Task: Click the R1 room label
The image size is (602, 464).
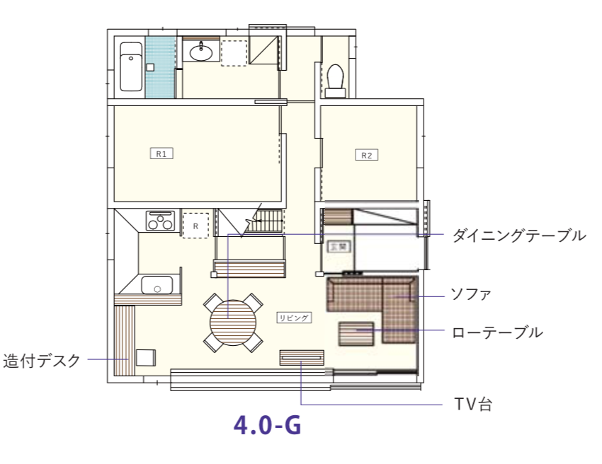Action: click(161, 153)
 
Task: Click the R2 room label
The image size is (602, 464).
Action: click(365, 155)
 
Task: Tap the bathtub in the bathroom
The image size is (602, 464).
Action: click(130, 66)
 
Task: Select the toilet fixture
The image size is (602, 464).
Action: click(335, 79)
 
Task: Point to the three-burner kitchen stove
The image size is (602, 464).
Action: click(160, 221)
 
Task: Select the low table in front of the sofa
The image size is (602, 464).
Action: click(356, 333)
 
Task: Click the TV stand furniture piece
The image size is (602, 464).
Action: click(302, 358)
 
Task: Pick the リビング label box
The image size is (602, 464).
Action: click(294, 318)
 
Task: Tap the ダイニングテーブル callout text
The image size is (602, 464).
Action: click(518, 235)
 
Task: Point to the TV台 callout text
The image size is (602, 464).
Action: click(472, 405)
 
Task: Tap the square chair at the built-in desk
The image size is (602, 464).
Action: click(146, 357)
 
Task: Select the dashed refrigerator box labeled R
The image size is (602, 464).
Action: click(195, 225)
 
